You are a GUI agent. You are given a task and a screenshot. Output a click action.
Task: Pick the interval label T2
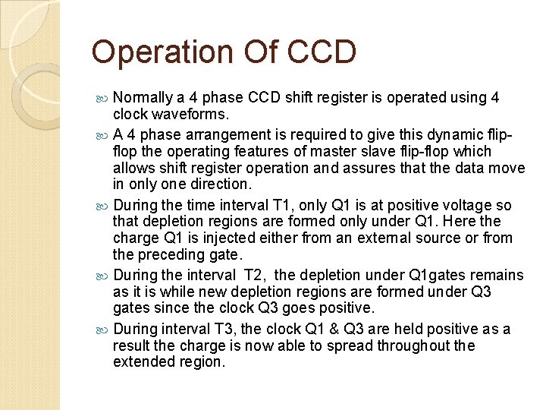pos(252,276)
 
